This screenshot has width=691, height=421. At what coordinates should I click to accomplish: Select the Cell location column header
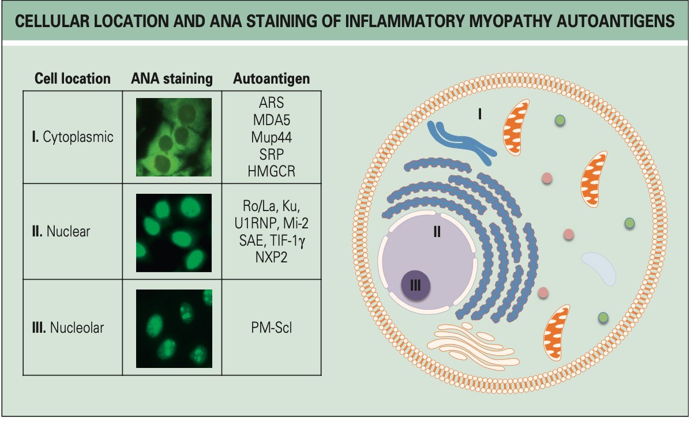[x=73, y=78]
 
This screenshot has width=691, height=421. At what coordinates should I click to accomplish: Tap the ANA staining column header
[x=172, y=78]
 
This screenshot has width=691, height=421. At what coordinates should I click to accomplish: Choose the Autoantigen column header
[x=271, y=78]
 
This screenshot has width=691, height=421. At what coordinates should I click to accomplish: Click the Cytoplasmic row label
[x=73, y=137]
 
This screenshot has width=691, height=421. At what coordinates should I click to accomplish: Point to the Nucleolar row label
[x=73, y=328]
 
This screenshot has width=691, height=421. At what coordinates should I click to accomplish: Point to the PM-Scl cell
[x=271, y=328]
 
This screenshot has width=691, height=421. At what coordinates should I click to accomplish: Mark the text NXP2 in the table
[x=271, y=258]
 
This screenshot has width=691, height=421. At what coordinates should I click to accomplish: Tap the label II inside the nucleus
[x=437, y=232]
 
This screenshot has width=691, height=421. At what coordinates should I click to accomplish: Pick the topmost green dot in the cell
[x=559, y=120]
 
